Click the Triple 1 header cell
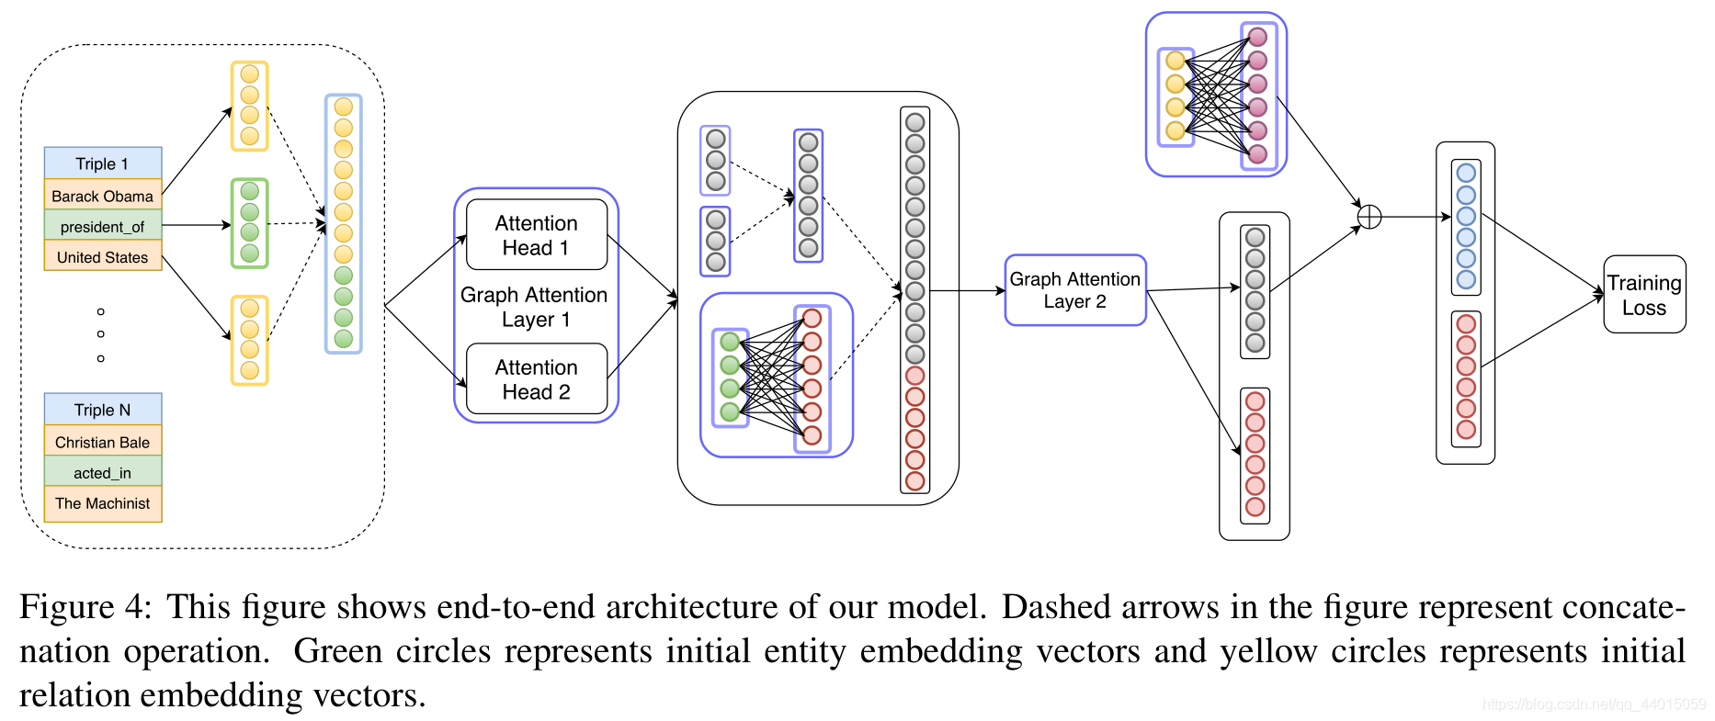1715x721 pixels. (102, 163)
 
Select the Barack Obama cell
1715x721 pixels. (102, 196)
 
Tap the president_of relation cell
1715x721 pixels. (102, 226)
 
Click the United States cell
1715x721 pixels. (102, 256)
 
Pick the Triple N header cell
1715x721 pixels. (102, 410)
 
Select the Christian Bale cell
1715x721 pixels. (102, 442)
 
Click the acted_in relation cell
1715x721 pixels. (102, 472)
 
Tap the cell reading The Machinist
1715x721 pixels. (102, 503)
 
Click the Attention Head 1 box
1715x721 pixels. (536, 235)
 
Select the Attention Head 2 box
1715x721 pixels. (536, 379)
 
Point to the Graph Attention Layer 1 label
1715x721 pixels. (534, 307)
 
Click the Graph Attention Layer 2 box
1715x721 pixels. (1074, 290)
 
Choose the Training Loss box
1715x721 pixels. (1643, 295)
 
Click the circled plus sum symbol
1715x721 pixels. (1369, 217)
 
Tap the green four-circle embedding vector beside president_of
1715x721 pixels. (249, 223)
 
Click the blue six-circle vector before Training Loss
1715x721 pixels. (1466, 227)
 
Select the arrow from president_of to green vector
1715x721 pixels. (196, 225)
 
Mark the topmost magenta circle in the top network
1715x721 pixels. (1258, 37)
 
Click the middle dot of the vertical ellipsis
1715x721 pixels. (101, 334)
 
